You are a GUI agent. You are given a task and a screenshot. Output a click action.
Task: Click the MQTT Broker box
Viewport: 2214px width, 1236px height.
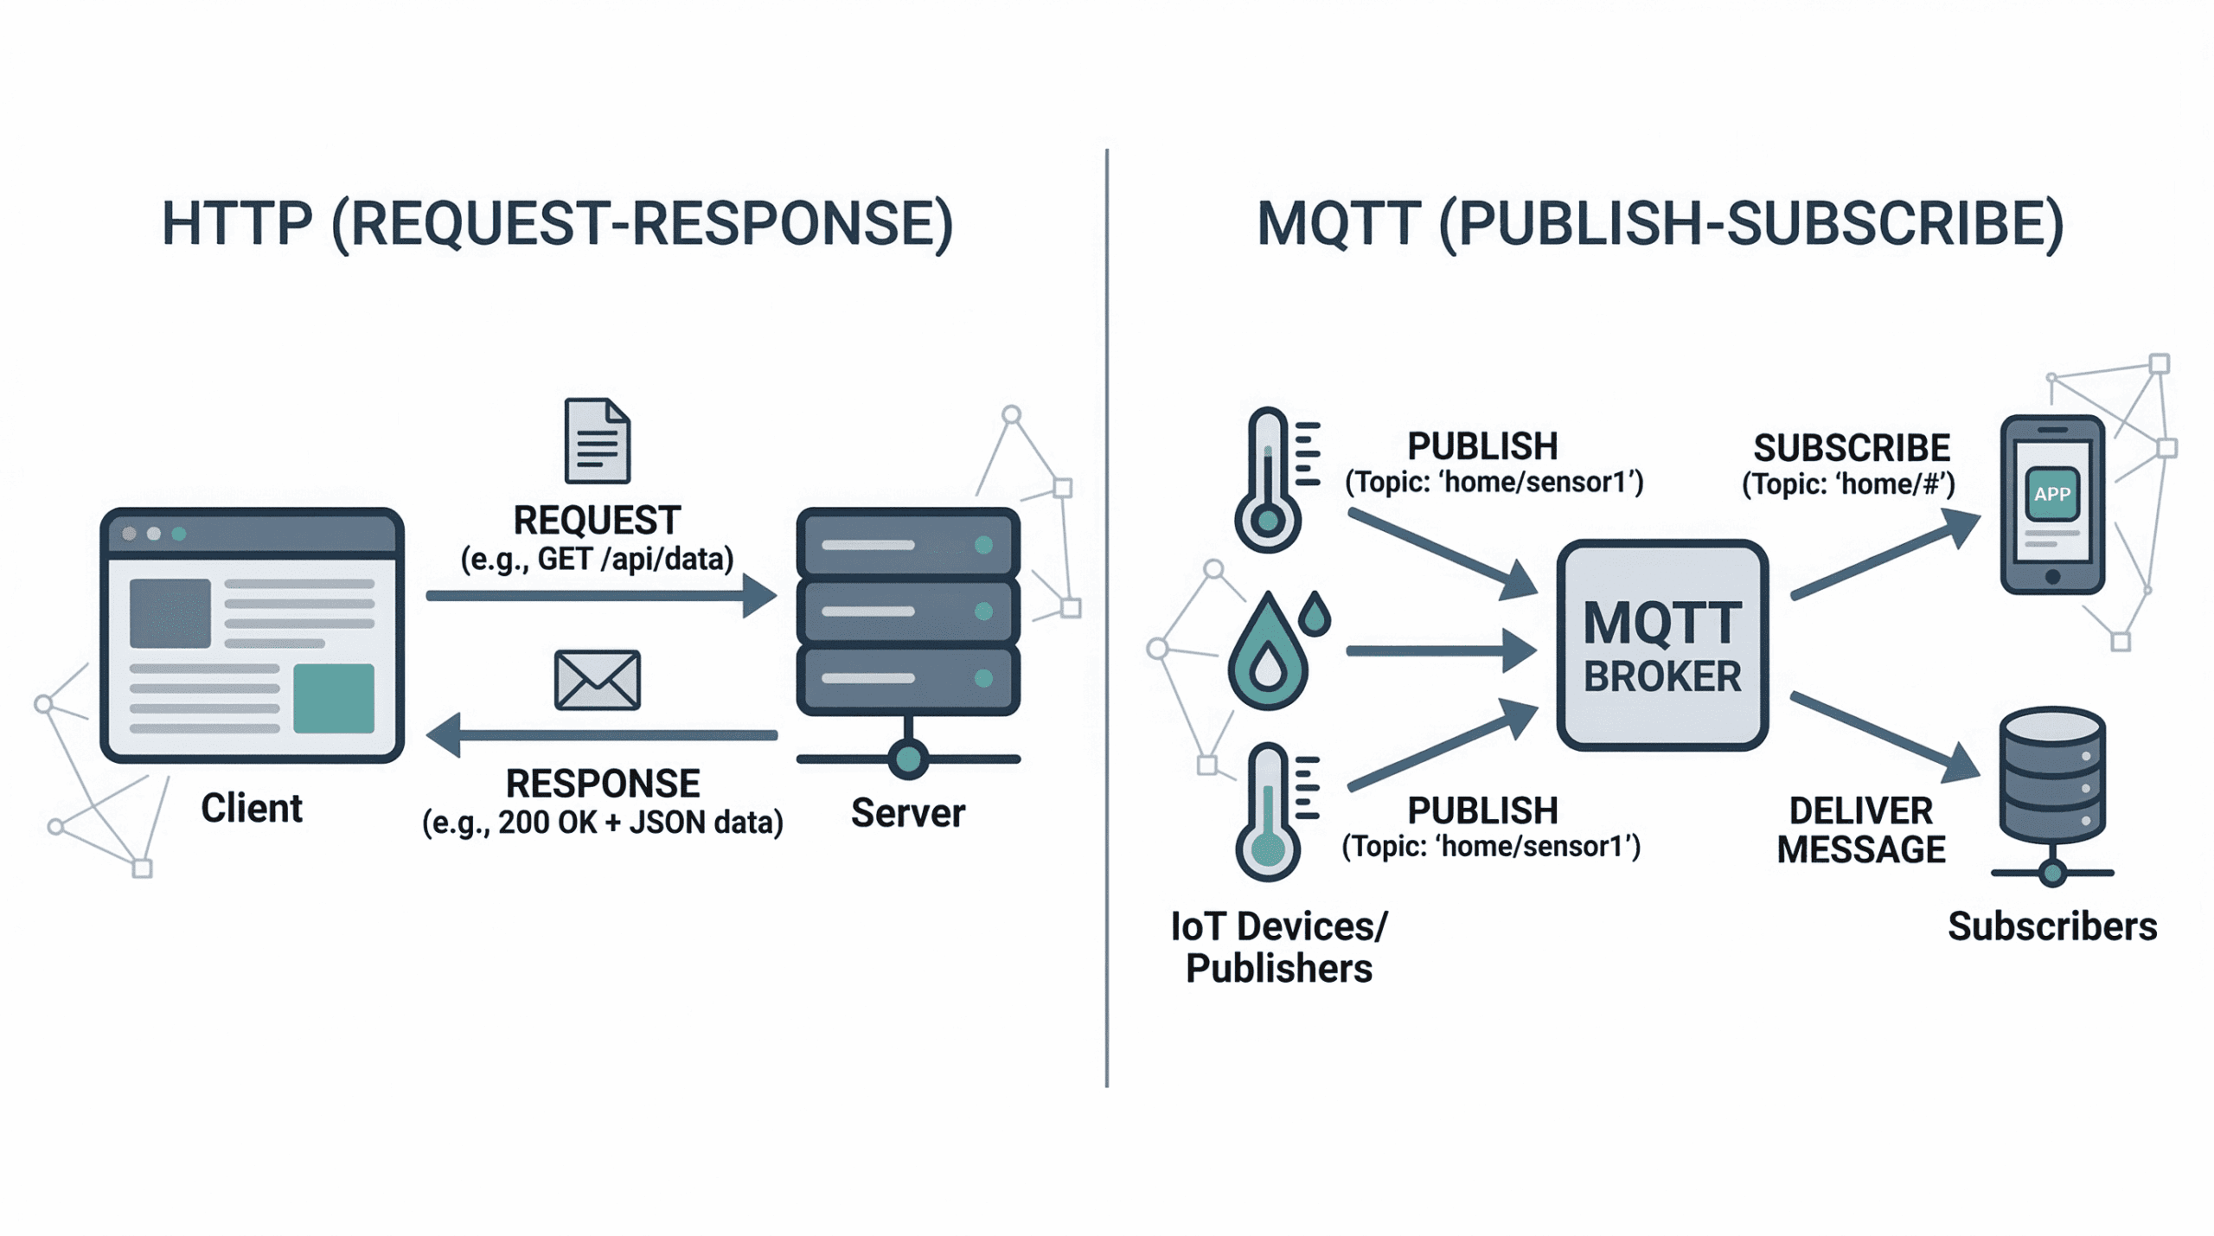coord(1661,644)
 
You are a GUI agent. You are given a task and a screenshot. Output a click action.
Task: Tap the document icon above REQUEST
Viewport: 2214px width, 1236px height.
coord(597,440)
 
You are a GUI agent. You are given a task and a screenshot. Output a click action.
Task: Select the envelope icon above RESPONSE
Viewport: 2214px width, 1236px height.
coord(597,680)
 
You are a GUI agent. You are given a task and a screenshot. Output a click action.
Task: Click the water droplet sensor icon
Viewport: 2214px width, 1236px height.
coord(1278,650)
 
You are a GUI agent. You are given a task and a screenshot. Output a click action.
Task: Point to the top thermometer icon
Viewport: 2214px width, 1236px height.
coord(1277,479)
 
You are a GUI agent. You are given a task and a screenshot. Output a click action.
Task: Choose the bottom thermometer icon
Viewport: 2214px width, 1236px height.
coord(1277,811)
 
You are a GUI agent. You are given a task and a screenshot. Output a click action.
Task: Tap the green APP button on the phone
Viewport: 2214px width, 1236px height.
coord(2051,494)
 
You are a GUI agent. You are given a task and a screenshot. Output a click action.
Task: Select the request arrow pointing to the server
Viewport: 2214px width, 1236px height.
coord(602,596)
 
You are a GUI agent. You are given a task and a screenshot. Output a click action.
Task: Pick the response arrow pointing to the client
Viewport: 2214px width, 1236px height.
coord(602,735)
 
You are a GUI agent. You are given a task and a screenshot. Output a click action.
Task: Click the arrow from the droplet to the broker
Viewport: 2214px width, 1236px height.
coord(1442,650)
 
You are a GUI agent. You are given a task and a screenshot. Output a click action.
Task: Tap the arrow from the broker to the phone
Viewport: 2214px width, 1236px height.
coord(1885,554)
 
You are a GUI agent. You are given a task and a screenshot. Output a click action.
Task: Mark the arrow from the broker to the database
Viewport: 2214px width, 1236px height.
coord(1885,737)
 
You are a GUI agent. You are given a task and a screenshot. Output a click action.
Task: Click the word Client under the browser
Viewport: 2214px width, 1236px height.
coord(252,809)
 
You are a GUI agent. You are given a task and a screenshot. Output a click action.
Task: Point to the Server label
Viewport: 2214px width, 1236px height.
coord(908,813)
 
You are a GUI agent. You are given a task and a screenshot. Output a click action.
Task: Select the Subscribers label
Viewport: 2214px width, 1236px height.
coord(2052,926)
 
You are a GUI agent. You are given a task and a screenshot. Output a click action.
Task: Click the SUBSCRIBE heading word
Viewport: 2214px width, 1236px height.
coord(1852,448)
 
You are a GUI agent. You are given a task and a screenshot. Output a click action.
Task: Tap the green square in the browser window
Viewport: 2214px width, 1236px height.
coord(334,698)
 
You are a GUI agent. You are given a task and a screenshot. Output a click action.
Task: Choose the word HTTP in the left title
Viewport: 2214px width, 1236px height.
coord(237,224)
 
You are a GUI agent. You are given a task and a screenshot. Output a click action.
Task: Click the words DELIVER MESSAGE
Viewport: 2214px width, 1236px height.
coord(1861,830)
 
